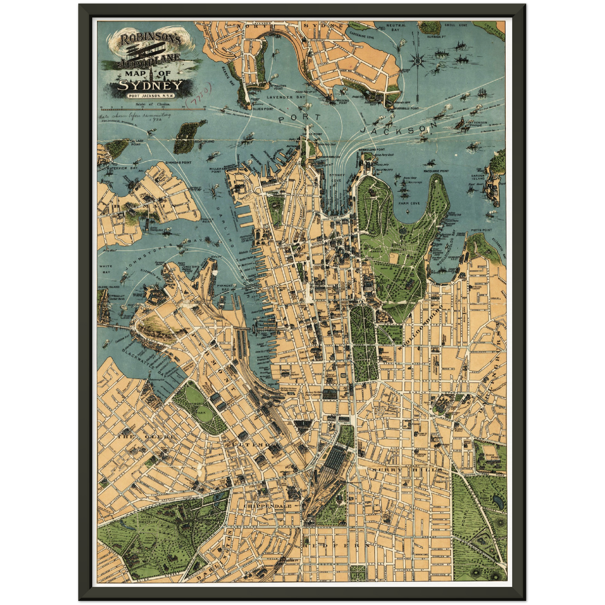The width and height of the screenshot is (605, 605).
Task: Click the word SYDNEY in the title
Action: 150,85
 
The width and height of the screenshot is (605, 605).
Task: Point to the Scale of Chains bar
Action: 151,109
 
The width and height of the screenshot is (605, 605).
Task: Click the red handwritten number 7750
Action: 201,94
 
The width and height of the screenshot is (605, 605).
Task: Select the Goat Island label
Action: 206,142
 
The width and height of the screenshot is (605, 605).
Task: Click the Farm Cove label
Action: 409,203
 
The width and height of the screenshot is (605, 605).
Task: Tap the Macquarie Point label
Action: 436,171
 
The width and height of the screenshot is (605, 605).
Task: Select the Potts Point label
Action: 481,230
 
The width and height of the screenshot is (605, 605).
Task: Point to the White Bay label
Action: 105,269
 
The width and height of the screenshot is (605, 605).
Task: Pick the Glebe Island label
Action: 108,287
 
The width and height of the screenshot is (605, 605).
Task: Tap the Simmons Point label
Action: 178,162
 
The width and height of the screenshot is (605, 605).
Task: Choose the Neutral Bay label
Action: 396,28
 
